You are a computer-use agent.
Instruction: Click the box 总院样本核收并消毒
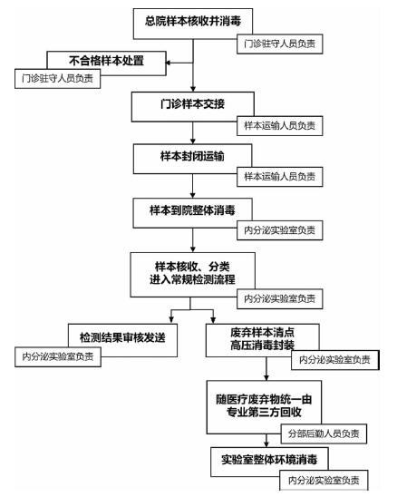tap(193, 24)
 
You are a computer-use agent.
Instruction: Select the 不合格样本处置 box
tap(106, 63)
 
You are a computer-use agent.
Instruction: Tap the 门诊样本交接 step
tap(193, 107)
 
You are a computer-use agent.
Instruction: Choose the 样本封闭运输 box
tap(193, 159)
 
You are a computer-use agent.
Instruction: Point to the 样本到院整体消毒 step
tap(193, 213)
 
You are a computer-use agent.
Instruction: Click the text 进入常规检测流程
tap(192, 279)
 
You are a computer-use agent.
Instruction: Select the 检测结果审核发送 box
tap(122, 340)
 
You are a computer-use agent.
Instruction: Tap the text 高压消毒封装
tap(262, 346)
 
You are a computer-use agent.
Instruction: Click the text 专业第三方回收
tap(264, 412)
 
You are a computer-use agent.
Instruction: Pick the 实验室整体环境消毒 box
tap(269, 462)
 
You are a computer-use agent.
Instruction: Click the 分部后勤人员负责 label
tap(324, 434)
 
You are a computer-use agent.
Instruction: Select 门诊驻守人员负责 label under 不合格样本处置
tap(57, 78)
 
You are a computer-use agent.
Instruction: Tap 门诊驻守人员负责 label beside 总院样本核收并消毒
tap(280, 44)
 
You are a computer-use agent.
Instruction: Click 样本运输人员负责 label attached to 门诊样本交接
tap(280, 126)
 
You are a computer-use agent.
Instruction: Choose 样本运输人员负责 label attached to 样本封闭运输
tap(280, 177)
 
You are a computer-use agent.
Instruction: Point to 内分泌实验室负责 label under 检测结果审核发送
tap(58, 357)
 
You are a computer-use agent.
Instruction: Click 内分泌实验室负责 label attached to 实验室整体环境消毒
tap(324, 480)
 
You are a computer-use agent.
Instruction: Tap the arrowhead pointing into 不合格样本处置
tap(169, 63)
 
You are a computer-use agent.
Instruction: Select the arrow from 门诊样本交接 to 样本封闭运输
tap(193, 133)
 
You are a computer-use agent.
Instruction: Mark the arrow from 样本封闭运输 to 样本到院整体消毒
tap(193, 186)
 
